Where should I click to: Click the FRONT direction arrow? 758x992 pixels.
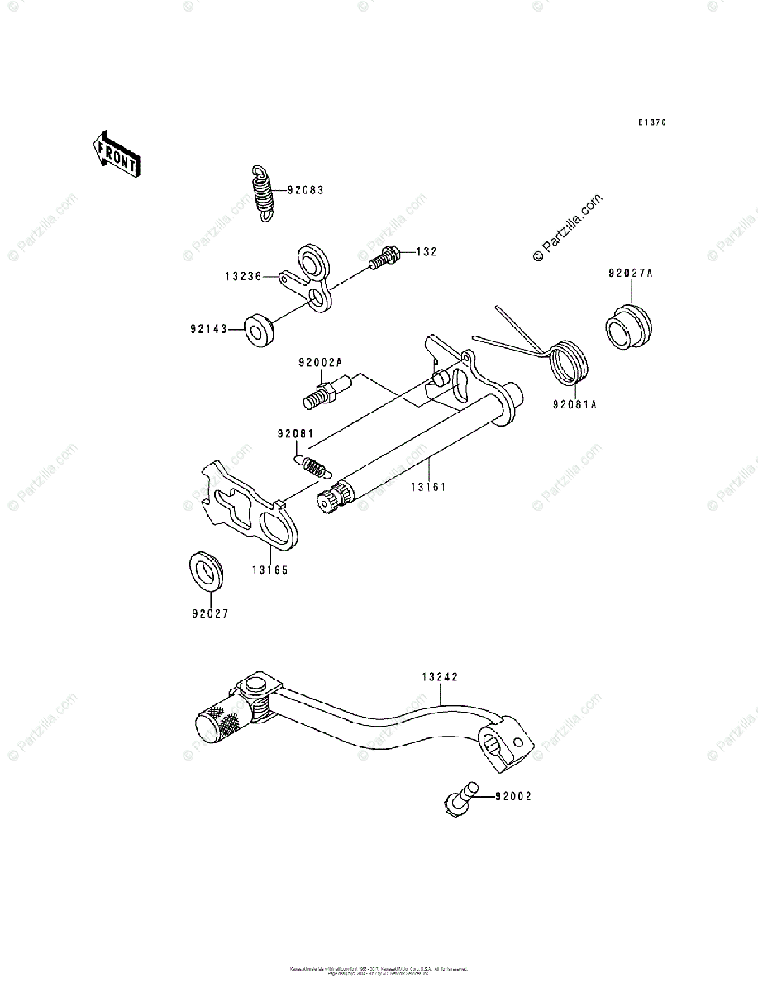[x=116, y=153]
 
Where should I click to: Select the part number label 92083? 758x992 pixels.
[x=305, y=190]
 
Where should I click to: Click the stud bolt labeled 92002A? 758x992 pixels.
[x=327, y=390]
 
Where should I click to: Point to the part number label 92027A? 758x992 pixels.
[x=632, y=273]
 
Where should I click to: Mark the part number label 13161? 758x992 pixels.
[x=428, y=487]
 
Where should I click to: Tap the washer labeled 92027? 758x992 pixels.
[x=206, y=570]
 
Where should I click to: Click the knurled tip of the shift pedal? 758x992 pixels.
[x=217, y=723]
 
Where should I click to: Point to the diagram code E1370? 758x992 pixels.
[x=651, y=122]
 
